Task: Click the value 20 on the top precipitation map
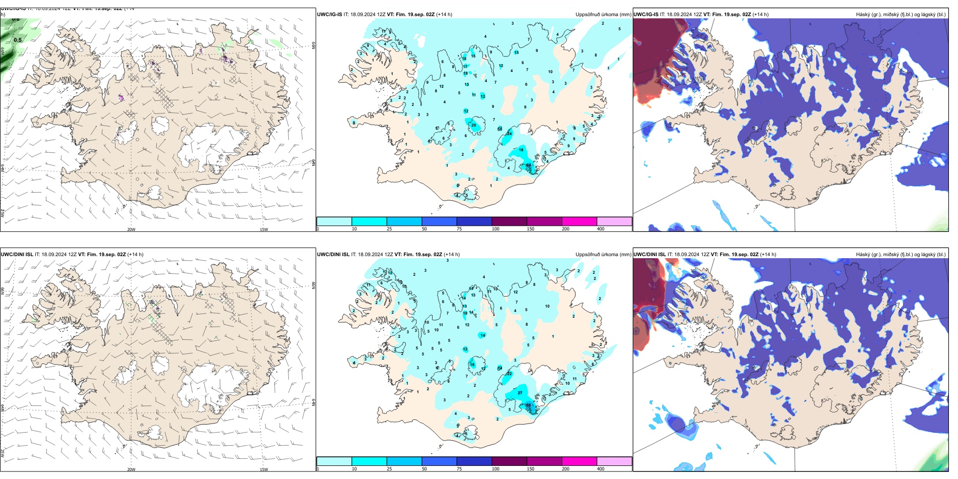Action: (473, 125)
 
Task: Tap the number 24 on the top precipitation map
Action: (509, 134)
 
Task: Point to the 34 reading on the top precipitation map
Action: (528, 165)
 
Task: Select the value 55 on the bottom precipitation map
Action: (528, 405)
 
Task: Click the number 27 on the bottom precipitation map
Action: (520, 393)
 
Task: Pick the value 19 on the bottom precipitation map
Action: (465, 313)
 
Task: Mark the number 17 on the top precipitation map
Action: (465, 66)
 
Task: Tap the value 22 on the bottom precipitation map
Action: (509, 374)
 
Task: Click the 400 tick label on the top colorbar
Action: (601, 229)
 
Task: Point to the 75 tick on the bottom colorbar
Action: (459, 469)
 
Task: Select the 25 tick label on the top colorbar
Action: (389, 229)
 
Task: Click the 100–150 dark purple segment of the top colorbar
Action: (509, 221)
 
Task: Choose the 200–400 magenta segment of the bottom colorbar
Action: (579, 461)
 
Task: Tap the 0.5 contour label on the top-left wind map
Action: (18, 40)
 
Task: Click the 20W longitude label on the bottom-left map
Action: (131, 469)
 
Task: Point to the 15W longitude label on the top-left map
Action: (264, 229)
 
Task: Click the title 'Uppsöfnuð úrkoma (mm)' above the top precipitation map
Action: (603, 15)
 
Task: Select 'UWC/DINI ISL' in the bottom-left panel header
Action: (17, 255)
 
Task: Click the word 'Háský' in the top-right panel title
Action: (864, 15)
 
